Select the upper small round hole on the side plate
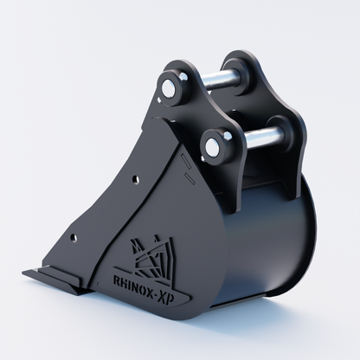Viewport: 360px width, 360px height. [x=135, y=180]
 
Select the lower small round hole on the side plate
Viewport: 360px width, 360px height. [x=74, y=238]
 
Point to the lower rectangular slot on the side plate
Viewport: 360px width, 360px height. [x=190, y=178]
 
